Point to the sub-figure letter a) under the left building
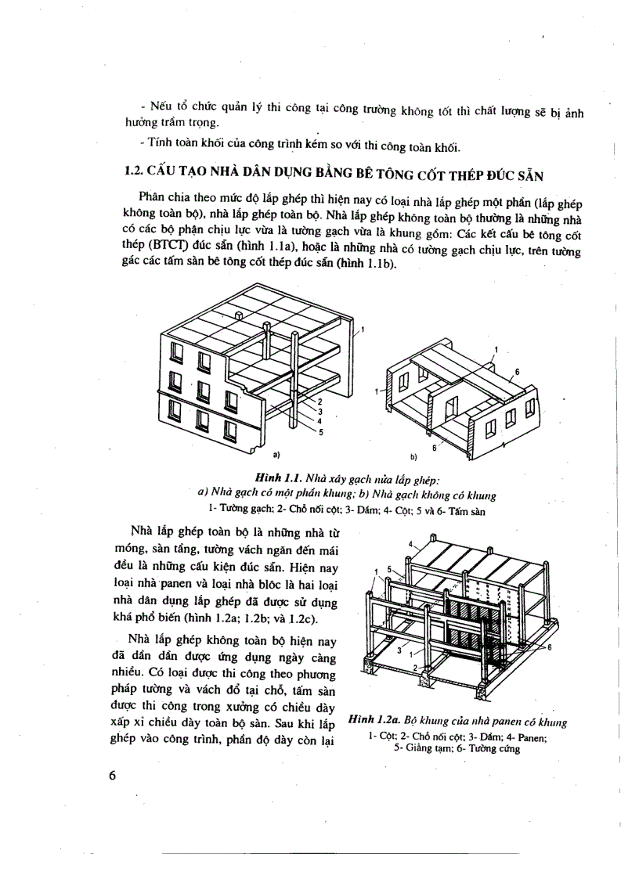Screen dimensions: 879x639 pyautogui.click(x=276, y=453)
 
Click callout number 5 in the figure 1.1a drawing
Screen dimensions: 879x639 pyautogui.click(x=320, y=430)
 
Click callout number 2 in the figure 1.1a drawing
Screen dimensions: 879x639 pyautogui.click(x=320, y=402)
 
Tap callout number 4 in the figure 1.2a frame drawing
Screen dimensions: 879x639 pyautogui.click(x=410, y=542)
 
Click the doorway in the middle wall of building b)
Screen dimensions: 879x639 pyautogui.click(x=453, y=409)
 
